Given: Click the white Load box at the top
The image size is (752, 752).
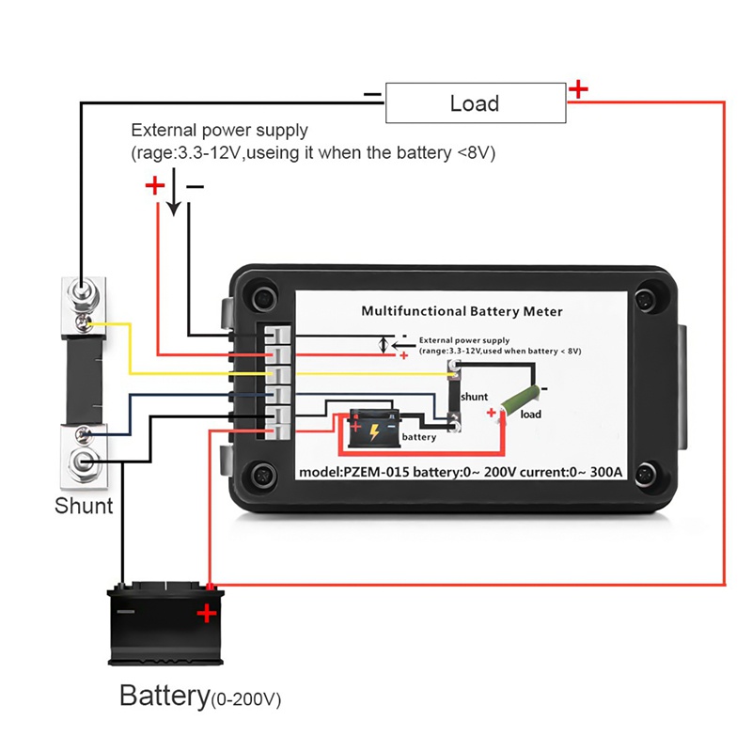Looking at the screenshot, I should coord(475,102).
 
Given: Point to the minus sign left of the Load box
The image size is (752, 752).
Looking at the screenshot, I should coord(372,94).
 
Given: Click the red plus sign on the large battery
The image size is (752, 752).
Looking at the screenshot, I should coord(206,616).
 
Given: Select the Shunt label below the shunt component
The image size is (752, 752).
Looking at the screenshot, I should coord(84,506).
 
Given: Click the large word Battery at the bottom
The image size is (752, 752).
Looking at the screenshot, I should coord(163,697).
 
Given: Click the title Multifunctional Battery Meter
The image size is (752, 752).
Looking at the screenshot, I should coord(462,311).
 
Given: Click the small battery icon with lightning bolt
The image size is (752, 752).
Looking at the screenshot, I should coord(373,430).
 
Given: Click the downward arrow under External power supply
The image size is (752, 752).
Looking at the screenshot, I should coord(174,199).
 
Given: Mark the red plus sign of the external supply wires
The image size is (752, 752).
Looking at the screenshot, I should coord(154,186).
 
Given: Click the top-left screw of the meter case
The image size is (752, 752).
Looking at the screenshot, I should coord(260,299).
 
